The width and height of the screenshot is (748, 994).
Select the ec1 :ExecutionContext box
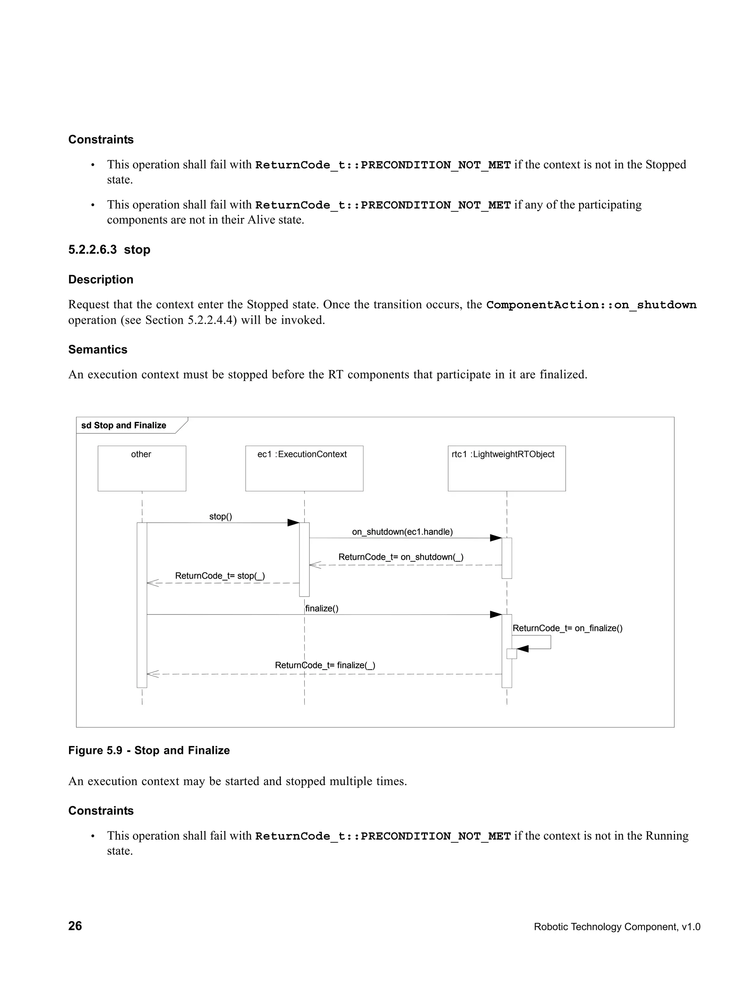coord(304,468)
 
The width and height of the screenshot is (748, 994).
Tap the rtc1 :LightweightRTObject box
coord(506,468)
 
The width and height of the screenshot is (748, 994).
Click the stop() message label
coord(221,516)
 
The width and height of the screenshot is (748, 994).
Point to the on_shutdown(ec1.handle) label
coord(402,532)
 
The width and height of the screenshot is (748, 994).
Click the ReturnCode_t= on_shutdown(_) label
coord(401,557)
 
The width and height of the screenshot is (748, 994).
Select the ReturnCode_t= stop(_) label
coord(220,576)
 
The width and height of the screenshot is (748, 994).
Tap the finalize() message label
coord(322,609)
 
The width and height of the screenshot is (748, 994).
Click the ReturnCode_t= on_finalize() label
coord(568,628)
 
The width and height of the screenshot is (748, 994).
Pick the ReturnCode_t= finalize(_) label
coord(325,665)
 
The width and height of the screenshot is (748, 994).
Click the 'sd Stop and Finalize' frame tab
coord(124,425)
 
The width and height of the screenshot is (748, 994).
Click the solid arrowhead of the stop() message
coord(293,523)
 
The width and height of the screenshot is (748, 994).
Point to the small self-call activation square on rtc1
coord(511,654)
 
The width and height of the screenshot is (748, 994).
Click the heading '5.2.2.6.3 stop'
coord(109,250)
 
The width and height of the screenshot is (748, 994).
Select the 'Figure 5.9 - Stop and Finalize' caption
coord(149,750)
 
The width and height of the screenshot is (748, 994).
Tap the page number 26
coord(75,926)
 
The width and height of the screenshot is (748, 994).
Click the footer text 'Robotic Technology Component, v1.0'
coord(617,927)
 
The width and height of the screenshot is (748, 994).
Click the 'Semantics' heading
coord(98,350)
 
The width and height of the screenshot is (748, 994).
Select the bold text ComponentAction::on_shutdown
coord(591,305)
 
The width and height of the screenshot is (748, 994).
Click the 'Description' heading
coord(101,279)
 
